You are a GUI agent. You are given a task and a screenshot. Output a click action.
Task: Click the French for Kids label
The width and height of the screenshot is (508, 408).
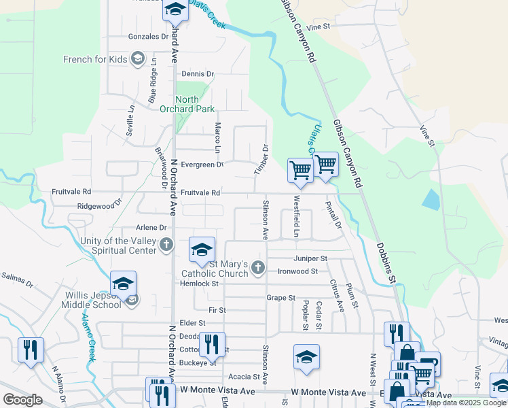95,59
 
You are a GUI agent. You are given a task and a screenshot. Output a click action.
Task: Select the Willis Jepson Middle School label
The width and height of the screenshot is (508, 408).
93,300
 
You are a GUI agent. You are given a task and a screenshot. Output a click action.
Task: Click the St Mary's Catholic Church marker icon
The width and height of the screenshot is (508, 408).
257,268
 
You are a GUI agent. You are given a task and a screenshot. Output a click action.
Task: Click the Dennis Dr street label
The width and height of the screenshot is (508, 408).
198,73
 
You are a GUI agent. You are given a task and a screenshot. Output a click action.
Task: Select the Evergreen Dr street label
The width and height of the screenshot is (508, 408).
202,165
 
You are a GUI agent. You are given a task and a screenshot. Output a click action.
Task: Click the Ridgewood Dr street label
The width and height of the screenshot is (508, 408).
99,204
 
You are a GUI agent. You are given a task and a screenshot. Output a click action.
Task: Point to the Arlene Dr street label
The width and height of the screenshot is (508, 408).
151,228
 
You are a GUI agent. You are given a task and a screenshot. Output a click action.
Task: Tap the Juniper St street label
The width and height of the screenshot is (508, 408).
310,258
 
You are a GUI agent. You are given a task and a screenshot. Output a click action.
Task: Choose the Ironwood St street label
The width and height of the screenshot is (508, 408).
297,271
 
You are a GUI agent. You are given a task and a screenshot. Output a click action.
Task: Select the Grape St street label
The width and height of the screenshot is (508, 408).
281,298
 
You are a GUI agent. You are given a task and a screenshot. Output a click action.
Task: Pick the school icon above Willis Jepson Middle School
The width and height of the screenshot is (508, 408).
123,284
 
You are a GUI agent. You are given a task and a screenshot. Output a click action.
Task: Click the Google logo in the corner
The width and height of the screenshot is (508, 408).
22,400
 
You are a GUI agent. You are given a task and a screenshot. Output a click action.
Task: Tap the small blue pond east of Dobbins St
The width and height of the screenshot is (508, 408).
429,199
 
